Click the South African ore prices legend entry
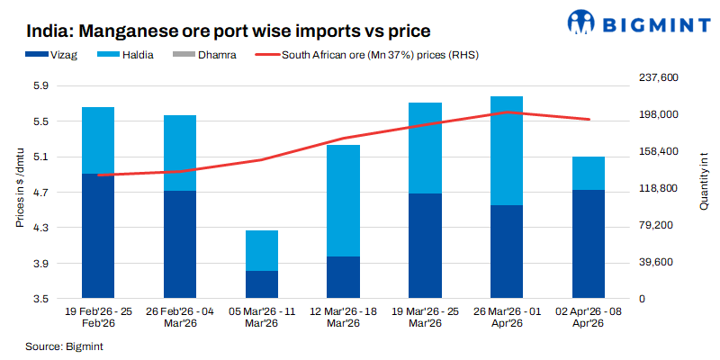click(x=369, y=56)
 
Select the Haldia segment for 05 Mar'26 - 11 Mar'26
click(x=261, y=250)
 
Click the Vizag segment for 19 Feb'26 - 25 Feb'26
click(x=98, y=236)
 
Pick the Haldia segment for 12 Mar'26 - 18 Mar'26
click(x=343, y=200)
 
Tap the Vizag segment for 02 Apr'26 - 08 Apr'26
click(x=588, y=244)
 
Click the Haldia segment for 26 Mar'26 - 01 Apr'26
click(x=507, y=150)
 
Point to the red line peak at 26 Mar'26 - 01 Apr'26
click(x=507, y=112)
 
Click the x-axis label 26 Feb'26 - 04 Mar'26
click(x=179, y=317)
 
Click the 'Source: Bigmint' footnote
click(x=59, y=346)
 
